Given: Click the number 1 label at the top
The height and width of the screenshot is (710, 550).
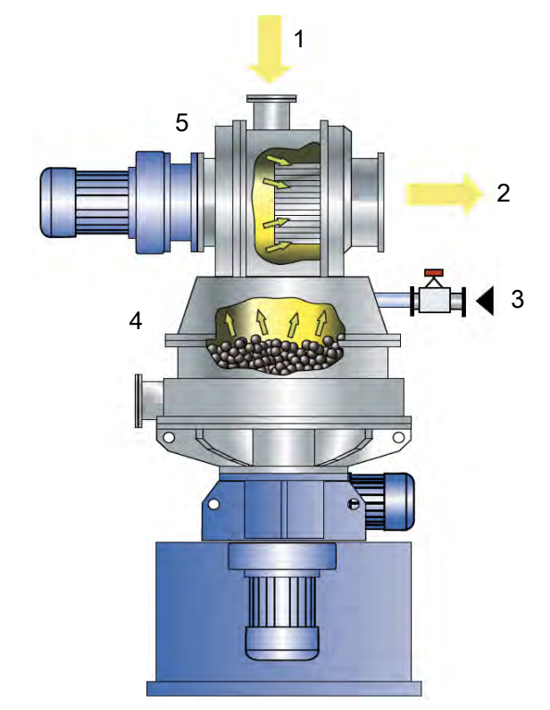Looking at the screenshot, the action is tap(298, 38).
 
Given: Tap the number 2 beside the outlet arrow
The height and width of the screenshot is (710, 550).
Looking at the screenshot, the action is tap(504, 194).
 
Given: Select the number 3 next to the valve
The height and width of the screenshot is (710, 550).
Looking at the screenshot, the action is tap(517, 300).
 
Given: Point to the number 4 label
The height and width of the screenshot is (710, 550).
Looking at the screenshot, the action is tap(136, 321).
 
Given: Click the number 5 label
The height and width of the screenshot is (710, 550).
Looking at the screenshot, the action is tap(182, 122).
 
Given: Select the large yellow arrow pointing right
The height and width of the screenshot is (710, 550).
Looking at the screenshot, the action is tap(444, 194).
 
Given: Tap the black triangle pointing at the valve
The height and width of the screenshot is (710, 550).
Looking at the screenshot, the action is tap(485, 301).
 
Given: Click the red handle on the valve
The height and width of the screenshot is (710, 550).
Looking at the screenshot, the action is tap(435, 273).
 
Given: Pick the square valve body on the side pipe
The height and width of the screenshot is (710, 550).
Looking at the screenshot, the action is tap(435, 300).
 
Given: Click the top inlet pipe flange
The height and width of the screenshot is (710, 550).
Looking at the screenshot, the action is tap(271, 98).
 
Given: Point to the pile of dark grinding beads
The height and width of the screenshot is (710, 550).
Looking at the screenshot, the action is tap(273, 354).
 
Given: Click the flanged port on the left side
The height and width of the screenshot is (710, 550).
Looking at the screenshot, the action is tap(149, 400).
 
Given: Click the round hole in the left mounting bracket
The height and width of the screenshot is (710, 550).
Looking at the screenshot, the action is tap(169, 438).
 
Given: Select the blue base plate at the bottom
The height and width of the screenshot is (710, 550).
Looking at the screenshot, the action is tap(284, 689).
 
